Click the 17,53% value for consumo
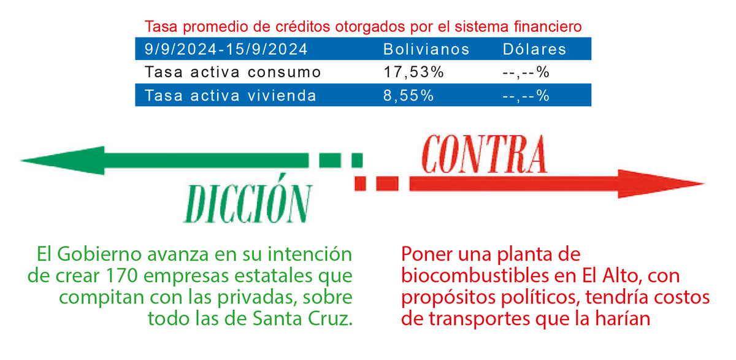(413, 72)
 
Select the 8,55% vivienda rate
(408, 96)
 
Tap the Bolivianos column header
(426, 49)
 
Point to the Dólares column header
(534, 49)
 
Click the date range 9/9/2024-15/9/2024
(226, 49)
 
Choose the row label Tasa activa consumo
(232, 72)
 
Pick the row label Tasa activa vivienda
(231, 96)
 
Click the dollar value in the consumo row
(526, 72)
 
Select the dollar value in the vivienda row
(526, 96)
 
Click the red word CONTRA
(485, 155)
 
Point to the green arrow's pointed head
(20, 160)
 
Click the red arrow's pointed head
(704, 184)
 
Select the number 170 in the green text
(121, 275)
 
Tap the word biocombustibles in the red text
(475, 275)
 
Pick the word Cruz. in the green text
(330, 318)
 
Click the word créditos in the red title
(302, 26)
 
